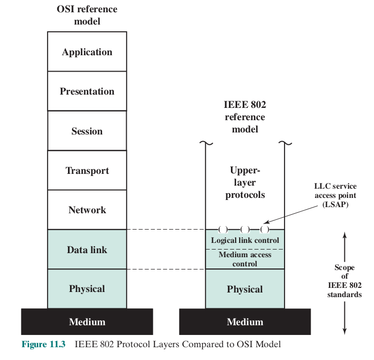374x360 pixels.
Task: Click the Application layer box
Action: tap(87, 52)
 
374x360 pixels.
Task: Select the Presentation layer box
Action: tap(87, 92)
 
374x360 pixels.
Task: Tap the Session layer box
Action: tap(87, 131)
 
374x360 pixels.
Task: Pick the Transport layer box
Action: tap(87, 170)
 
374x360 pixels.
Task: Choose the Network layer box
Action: tap(87, 210)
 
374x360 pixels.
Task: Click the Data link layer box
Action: tap(87, 250)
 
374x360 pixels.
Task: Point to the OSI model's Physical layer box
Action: tap(87, 289)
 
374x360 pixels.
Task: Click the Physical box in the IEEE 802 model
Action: tap(245, 289)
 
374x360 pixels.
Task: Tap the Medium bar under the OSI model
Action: tap(87, 322)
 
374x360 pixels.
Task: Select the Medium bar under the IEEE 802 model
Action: tap(245, 322)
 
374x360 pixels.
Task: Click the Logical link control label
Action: tap(245, 240)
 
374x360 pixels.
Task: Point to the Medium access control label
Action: tap(245, 259)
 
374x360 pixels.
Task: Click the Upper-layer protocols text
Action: tap(245, 183)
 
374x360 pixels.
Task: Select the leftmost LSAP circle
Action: tap(223, 229)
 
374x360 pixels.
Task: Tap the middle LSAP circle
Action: tap(245, 229)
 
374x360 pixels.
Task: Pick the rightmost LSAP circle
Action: tap(265, 229)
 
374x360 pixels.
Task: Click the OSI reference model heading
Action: tap(87, 15)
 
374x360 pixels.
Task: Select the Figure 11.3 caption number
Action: tap(43, 344)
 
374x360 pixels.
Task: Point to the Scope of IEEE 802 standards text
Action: tap(344, 281)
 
